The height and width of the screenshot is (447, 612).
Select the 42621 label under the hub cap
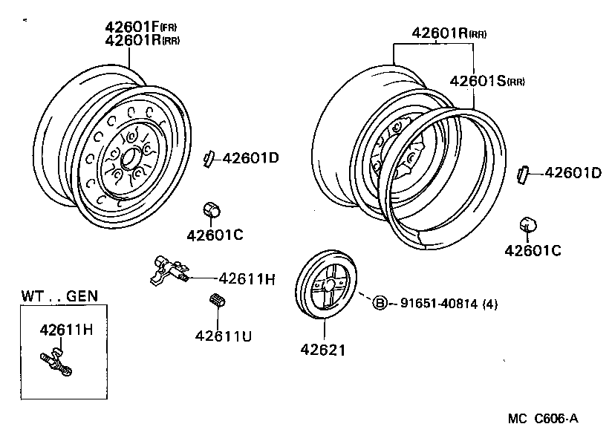tap(322, 350)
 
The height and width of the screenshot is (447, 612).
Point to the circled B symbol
tap(379, 303)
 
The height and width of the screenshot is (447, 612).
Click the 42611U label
tap(224, 336)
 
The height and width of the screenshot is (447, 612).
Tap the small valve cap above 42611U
tap(218, 301)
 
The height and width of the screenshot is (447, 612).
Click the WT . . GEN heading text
tap(59, 296)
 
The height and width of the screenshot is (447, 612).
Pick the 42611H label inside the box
tap(66, 330)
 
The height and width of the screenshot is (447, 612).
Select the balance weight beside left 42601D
tap(209, 157)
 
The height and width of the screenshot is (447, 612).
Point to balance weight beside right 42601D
tap(523, 174)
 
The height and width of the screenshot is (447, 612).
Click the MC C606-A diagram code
tap(542, 419)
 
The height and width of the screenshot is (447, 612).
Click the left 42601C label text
tap(215, 235)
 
